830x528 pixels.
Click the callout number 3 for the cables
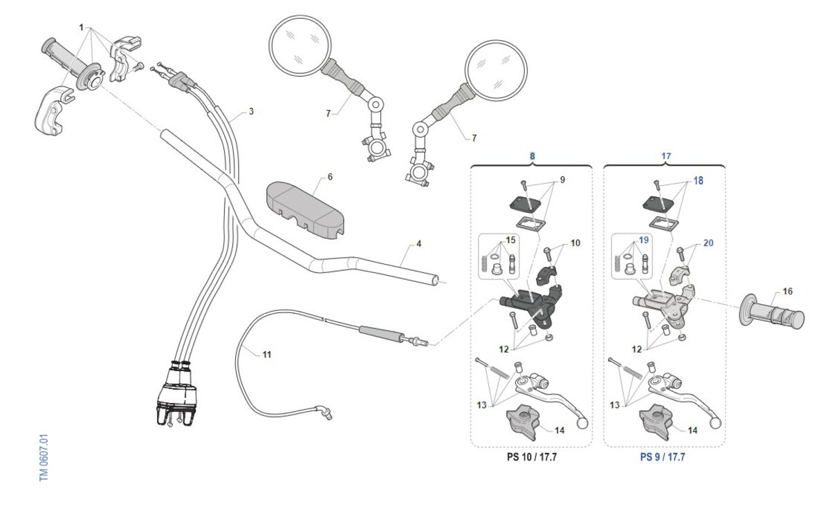pyautogui.click(x=251, y=111)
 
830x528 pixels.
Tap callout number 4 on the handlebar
pyautogui.click(x=418, y=244)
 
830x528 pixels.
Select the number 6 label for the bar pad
pyautogui.click(x=330, y=177)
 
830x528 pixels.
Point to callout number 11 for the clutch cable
pyautogui.click(x=267, y=355)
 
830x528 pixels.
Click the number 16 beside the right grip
pyautogui.click(x=768, y=291)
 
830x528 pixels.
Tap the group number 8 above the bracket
pyautogui.click(x=532, y=156)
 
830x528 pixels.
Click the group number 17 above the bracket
pyautogui.click(x=665, y=156)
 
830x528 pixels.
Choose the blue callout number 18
pyautogui.click(x=698, y=180)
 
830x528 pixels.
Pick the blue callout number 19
pyautogui.click(x=643, y=241)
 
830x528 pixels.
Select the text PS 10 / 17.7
pyautogui.click(x=531, y=458)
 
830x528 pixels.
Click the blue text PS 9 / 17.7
pyautogui.click(x=663, y=458)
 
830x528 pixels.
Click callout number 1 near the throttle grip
pyautogui.click(x=82, y=28)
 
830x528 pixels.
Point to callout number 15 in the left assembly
pyautogui.click(x=511, y=241)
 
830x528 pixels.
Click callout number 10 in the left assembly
pyautogui.click(x=575, y=243)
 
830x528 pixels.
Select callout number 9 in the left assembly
pyautogui.click(x=562, y=180)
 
